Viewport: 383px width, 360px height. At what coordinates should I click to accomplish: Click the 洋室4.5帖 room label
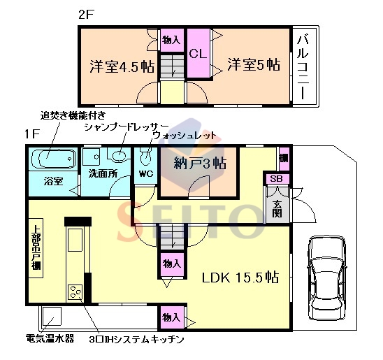coord(122,66)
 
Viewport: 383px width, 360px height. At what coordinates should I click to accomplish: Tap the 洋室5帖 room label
coord(254,65)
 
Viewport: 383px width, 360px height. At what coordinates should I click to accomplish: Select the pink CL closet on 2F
coord(198,53)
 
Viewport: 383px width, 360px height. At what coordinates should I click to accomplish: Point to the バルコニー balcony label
coord(303,68)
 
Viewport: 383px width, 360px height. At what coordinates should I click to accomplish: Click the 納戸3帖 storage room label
coord(200,163)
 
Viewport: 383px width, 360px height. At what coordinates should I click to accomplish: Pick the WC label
coord(146,173)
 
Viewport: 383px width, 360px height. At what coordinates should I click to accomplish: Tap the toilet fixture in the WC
coord(146,157)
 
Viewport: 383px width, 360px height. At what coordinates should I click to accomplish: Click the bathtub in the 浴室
coord(54,159)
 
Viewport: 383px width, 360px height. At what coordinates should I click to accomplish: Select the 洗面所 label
coord(103,173)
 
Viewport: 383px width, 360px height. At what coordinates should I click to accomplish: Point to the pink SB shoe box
coord(276,179)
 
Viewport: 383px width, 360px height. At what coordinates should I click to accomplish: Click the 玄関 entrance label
coord(277,209)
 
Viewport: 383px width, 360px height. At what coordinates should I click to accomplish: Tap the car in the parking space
coord(327,279)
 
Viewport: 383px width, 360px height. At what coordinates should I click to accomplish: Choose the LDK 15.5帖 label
coord(240,278)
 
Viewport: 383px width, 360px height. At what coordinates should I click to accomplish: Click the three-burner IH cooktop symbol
coord(75,292)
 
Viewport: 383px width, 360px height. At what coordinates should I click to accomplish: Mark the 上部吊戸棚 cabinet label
coord(36,247)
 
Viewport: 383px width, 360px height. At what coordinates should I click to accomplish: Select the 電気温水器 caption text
coord(50,338)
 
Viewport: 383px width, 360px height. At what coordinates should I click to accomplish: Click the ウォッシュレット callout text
coord(185,135)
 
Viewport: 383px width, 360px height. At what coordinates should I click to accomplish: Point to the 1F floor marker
coord(32,134)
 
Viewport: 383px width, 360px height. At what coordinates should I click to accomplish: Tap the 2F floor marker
coord(86,15)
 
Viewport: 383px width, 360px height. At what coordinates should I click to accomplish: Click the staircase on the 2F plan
coord(172,66)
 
